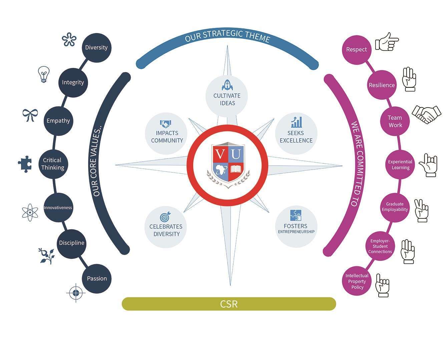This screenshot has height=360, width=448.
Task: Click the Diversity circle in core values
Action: (x=96, y=48)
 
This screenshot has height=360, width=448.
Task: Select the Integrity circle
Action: (x=73, y=82)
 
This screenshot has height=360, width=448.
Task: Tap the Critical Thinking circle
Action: (x=53, y=164)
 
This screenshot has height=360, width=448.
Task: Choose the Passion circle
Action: (x=97, y=279)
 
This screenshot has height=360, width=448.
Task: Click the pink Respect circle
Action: (x=356, y=50)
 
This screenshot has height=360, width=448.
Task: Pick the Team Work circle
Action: (x=395, y=121)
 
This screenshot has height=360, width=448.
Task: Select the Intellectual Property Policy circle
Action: (x=357, y=281)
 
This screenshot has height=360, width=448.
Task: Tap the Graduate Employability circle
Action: (x=395, y=207)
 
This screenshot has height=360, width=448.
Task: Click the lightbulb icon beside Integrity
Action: (x=43, y=74)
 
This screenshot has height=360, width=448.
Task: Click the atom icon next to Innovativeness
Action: (x=30, y=212)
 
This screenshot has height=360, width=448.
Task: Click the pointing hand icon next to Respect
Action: (x=387, y=42)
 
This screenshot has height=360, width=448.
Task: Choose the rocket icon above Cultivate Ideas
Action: (x=227, y=85)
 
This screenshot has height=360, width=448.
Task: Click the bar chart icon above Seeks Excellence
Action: (x=296, y=122)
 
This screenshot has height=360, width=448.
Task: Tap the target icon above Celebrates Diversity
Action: (x=165, y=217)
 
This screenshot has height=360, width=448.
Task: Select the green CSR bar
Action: (x=229, y=304)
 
